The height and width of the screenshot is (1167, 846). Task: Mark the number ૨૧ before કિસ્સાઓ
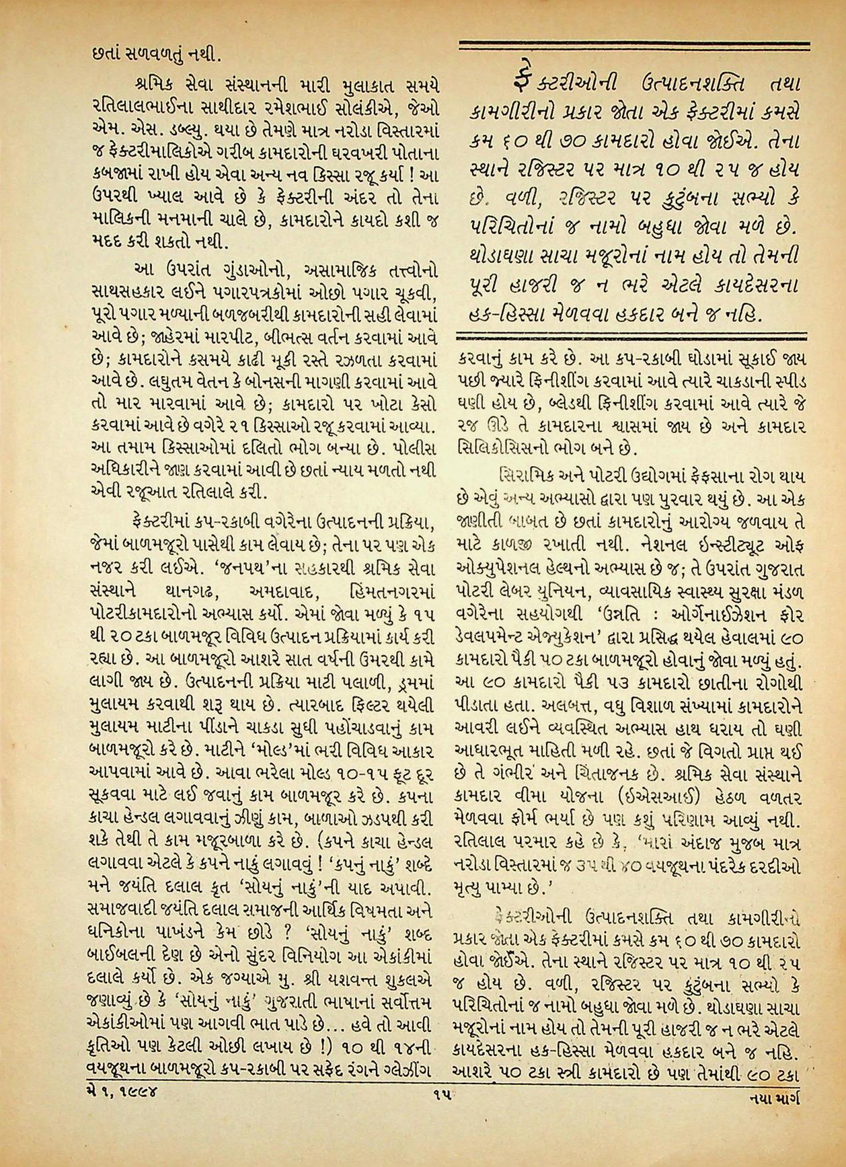[x=253, y=424]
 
